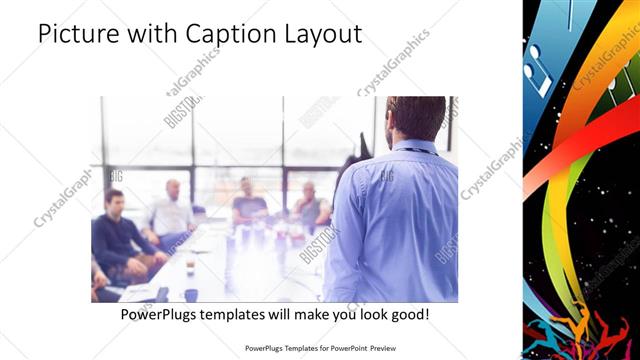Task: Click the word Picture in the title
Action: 79,35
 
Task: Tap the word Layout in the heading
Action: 322,35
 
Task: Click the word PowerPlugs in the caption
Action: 161,314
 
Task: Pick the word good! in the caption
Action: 408,314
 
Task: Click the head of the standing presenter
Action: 415,117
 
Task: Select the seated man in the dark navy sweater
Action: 116,235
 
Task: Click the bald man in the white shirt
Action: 171,212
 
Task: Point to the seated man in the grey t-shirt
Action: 248,204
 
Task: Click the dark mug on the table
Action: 191,295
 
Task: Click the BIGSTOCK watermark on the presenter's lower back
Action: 320,246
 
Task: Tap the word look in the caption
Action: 357,314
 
